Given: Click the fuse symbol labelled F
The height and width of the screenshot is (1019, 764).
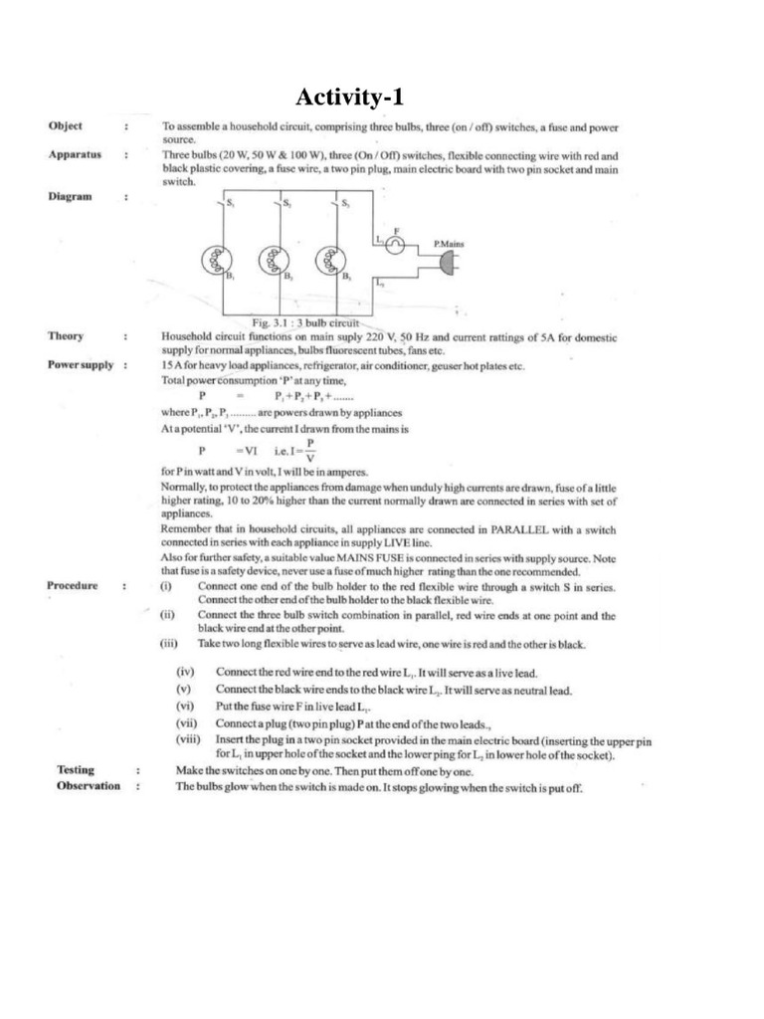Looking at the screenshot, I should [x=394, y=245].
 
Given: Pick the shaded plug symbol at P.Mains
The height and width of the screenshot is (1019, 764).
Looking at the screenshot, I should [x=449, y=261].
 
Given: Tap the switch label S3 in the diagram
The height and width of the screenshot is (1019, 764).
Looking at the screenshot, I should [x=344, y=203].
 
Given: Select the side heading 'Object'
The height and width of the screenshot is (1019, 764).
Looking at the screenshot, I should [x=66, y=126].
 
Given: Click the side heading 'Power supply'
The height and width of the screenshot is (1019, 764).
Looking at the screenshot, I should [x=81, y=365].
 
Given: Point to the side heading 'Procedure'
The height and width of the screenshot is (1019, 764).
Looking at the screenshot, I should [x=73, y=585].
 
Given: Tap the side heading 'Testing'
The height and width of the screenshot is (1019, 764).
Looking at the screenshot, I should [x=75, y=769].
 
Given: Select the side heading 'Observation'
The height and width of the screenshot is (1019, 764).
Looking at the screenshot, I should [x=89, y=786].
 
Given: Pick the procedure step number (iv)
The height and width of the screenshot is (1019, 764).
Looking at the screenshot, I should [x=185, y=674].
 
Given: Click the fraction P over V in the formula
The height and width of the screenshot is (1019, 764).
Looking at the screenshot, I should [x=310, y=450].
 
